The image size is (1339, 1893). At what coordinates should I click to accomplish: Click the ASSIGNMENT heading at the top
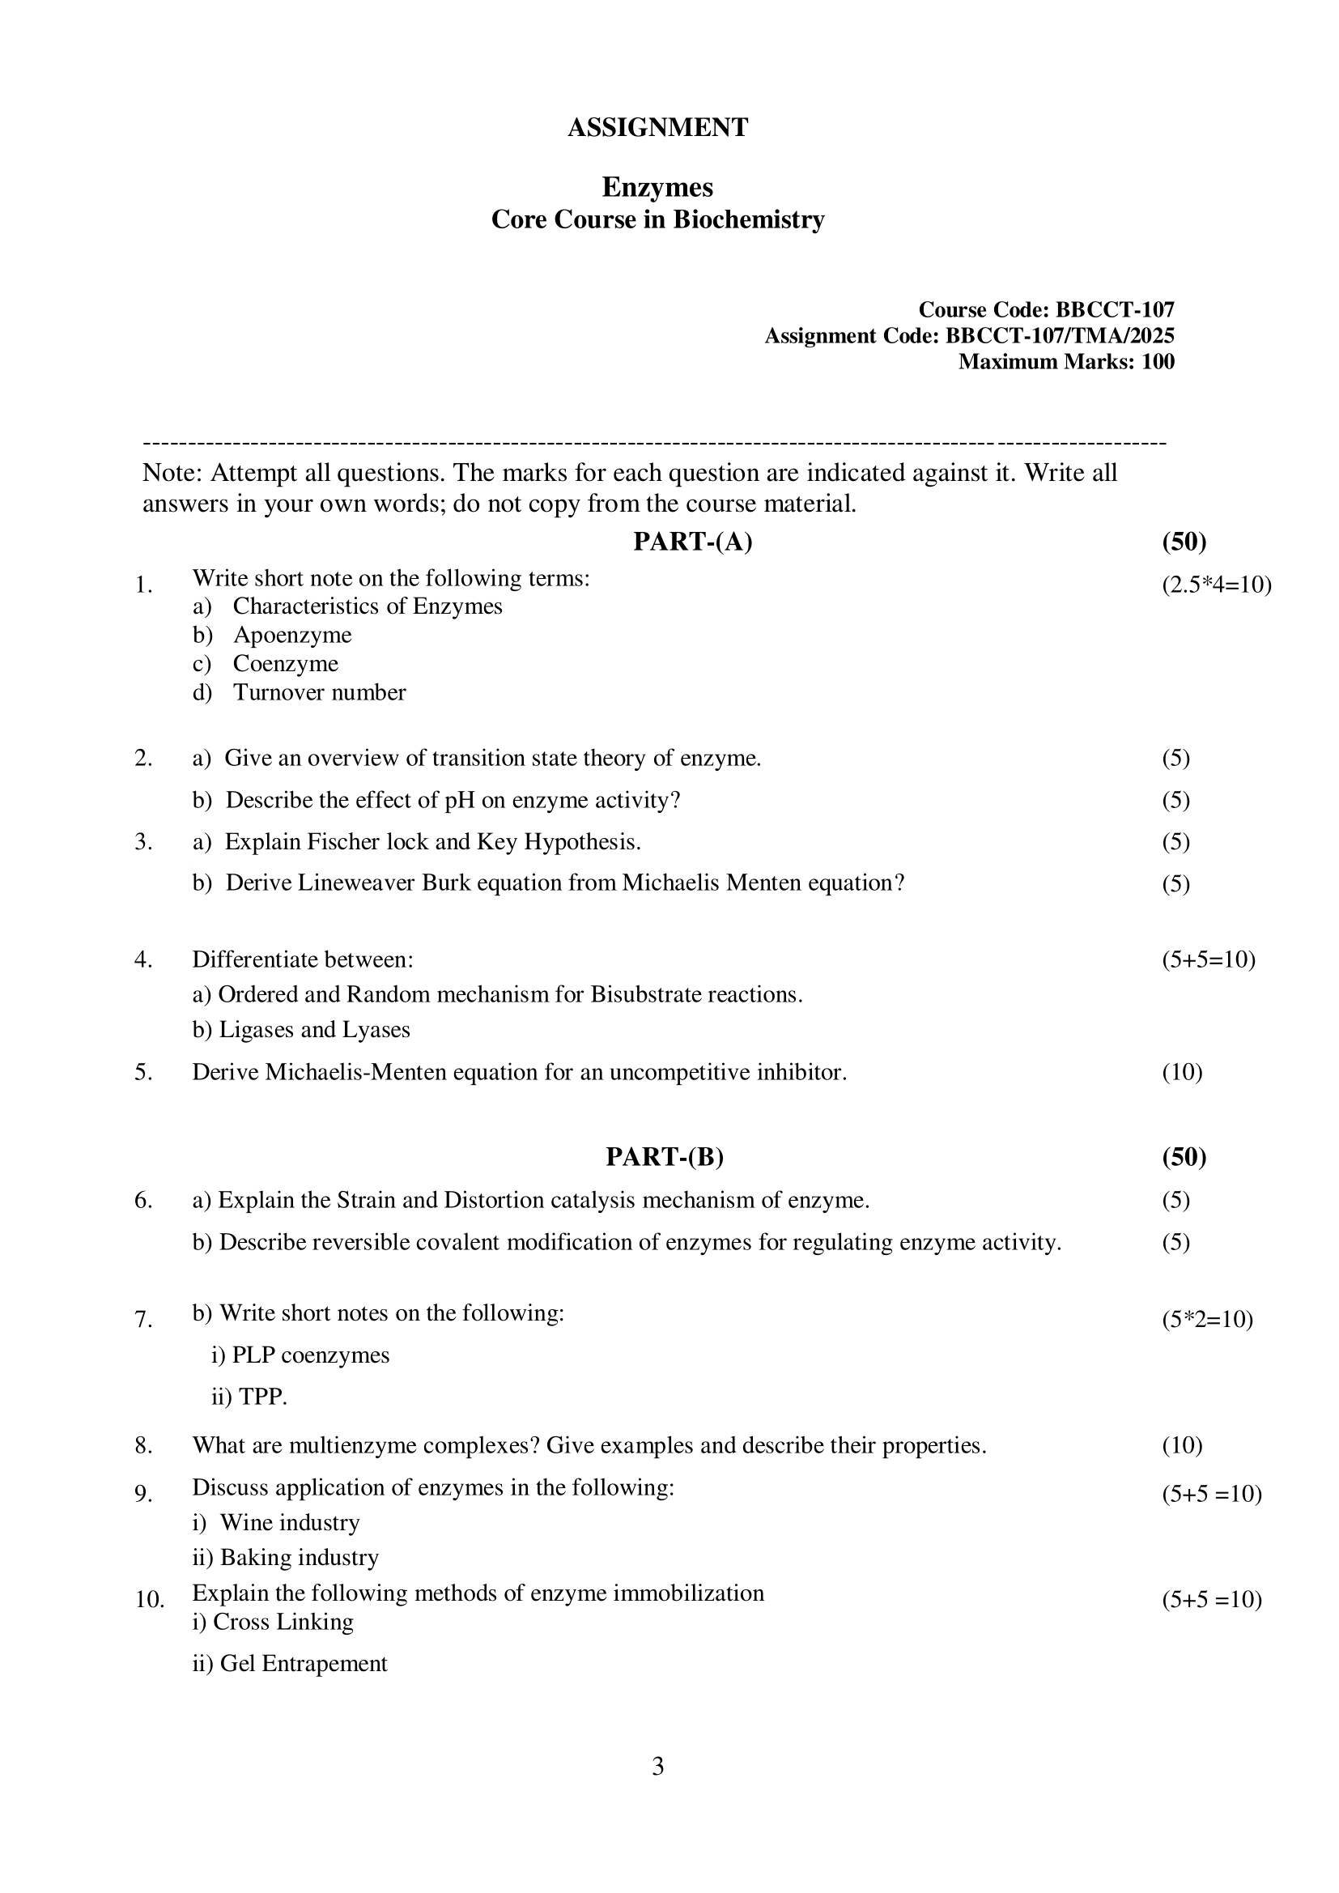point(657,128)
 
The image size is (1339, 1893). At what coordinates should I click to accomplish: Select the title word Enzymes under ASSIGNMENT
point(657,188)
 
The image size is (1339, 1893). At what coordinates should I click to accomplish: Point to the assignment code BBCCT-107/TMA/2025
point(1060,335)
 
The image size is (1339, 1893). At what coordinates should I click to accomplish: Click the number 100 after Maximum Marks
point(1158,361)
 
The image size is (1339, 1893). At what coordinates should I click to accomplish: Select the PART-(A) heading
point(693,542)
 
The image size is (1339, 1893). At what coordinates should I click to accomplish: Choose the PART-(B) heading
point(665,1157)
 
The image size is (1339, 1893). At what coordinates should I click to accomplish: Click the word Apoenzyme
point(292,635)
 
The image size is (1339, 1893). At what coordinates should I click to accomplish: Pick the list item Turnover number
point(319,691)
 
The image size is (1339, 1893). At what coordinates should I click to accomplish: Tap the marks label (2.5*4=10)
point(1217,585)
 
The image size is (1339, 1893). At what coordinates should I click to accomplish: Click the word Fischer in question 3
point(343,842)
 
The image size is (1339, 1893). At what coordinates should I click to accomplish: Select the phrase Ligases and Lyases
point(314,1030)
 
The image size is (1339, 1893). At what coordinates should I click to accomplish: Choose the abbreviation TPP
point(262,1397)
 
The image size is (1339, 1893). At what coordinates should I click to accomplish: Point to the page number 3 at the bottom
point(658,1766)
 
